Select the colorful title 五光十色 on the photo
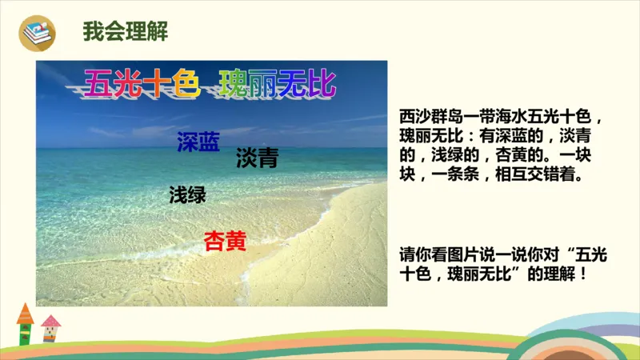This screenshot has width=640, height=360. (x=141, y=83)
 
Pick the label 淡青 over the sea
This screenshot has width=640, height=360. (x=257, y=158)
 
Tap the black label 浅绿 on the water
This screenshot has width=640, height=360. (x=188, y=194)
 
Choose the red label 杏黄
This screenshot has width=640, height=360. (x=225, y=241)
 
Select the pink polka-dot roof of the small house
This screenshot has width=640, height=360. (x=51, y=322)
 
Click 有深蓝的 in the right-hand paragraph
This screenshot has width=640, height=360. (x=516, y=136)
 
